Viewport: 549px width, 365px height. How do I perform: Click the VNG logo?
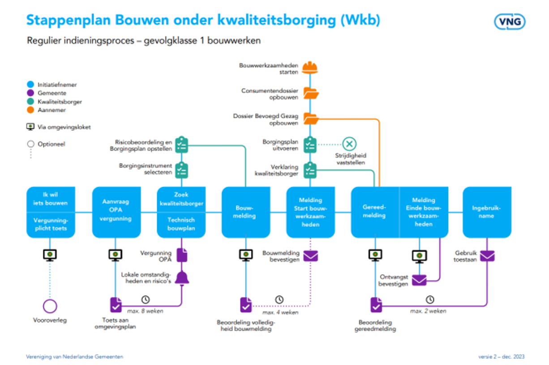pyautogui.click(x=510, y=21)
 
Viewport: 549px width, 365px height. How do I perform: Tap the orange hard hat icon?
pyautogui.click(x=310, y=68)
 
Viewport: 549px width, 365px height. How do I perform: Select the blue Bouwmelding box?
pyautogui.click(x=245, y=212)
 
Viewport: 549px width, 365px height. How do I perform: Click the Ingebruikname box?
pyautogui.click(x=486, y=212)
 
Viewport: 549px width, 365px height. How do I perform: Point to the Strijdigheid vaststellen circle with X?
pyautogui.click(x=349, y=144)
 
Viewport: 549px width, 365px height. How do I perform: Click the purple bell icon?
pyautogui.click(x=182, y=277)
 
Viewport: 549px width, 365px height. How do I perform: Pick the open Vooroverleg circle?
pyautogui.click(x=50, y=306)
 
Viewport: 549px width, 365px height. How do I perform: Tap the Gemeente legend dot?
pyautogui.click(x=30, y=93)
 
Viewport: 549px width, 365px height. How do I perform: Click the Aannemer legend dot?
pyautogui.click(x=30, y=110)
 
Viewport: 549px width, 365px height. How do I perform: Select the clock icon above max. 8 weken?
pyautogui.click(x=146, y=299)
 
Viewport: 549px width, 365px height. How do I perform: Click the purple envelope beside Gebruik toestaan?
pyautogui.click(x=487, y=255)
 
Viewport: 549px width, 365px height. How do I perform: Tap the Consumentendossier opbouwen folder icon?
pyautogui.click(x=310, y=93)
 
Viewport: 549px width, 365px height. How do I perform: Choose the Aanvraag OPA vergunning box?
pyautogui.click(x=116, y=212)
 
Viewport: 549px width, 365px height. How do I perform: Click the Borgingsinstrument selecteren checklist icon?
pyautogui.click(x=181, y=170)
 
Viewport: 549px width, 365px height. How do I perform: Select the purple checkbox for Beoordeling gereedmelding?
pyautogui.click(x=376, y=306)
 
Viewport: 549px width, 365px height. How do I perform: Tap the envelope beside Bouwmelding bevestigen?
pyautogui.click(x=310, y=255)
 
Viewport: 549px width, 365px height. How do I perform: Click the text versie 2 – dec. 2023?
pyautogui.click(x=501, y=357)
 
